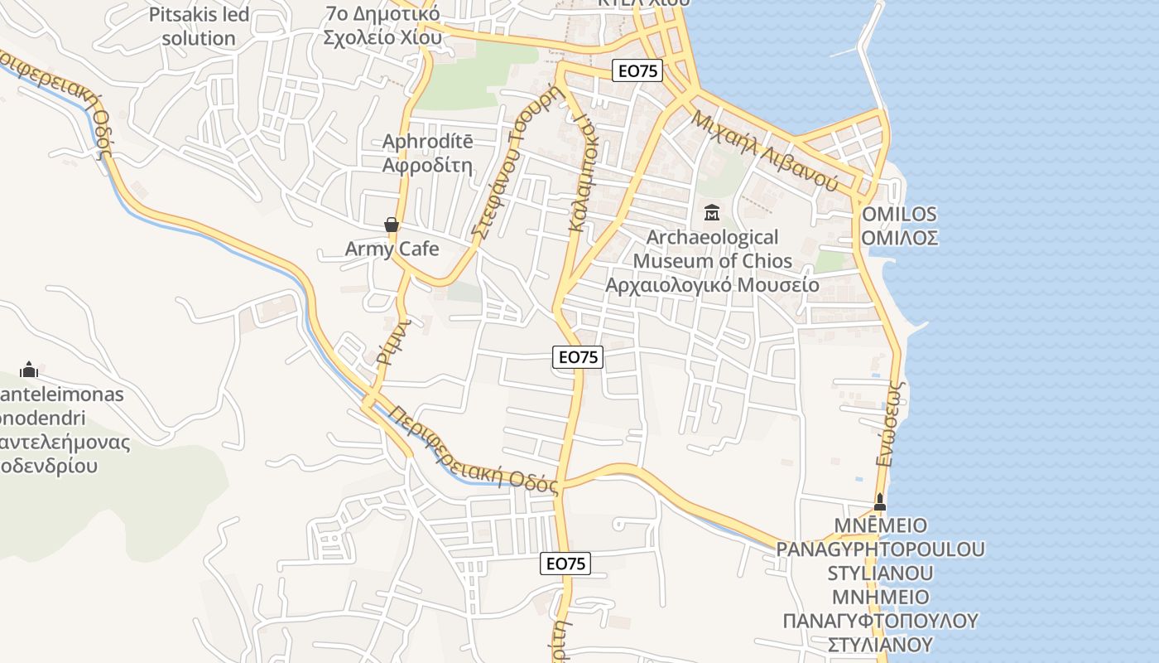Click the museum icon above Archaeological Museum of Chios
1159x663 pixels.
click(x=711, y=213)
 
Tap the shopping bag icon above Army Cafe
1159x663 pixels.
click(x=392, y=225)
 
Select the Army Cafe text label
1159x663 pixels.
click(x=392, y=249)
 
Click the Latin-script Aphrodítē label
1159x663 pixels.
click(x=427, y=142)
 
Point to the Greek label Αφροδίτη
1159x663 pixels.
click(x=427, y=165)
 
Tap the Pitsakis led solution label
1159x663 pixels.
click(x=199, y=26)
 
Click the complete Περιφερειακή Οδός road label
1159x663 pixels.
click(x=474, y=449)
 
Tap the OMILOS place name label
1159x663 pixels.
click(x=899, y=214)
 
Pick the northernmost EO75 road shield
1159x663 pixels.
click(x=637, y=71)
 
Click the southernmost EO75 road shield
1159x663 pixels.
click(x=566, y=564)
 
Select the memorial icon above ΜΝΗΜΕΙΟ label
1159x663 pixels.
click(x=880, y=502)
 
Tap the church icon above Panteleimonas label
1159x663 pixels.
click(x=30, y=370)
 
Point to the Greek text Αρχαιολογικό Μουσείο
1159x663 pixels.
click(x=712, y=285)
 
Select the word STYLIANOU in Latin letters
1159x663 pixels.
click(x=880, y=573)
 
